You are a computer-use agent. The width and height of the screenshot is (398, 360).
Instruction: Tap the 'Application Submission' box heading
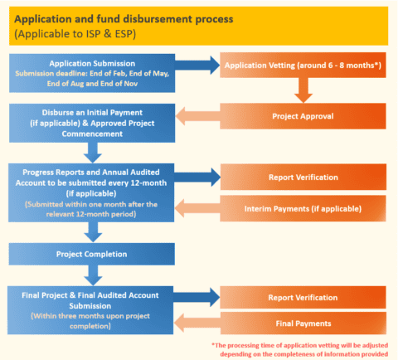point(93,63)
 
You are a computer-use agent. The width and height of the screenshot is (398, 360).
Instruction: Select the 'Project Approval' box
point(302,115)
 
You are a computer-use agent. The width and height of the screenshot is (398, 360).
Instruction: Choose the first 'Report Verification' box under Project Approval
point(302,177)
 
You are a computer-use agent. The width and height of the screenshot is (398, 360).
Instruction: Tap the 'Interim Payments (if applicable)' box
point(302,210)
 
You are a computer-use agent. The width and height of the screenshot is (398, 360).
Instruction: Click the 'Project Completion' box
point(93,253)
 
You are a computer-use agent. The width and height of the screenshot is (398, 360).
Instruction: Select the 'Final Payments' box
point(302,323)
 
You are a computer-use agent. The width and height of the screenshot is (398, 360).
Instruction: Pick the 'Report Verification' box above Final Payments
point(302,296)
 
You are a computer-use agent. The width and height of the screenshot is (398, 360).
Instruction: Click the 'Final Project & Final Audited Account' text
point(93,294)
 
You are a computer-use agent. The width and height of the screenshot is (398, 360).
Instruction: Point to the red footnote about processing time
point(302,349)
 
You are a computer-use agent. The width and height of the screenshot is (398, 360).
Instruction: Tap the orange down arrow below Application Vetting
point(302,86)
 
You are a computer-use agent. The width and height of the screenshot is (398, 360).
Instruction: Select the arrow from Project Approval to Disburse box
point(197,116)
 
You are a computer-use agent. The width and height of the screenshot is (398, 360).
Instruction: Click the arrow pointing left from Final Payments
point(197,323)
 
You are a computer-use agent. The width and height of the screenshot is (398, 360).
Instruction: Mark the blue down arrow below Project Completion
point(93,273)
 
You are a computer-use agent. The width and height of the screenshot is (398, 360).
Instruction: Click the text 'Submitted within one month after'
point(93,204)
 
